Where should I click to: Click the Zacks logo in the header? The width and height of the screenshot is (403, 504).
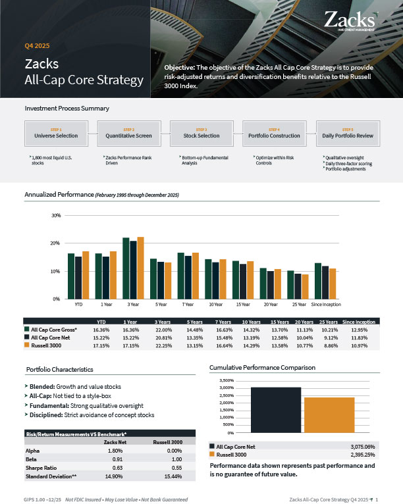pyautogui.click(x=351, y=21)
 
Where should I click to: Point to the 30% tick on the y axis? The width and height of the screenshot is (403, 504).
pyautogui.click(x=56, y=216)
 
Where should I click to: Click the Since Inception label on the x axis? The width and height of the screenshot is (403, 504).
pyautogui.click(x=325, y=305)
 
